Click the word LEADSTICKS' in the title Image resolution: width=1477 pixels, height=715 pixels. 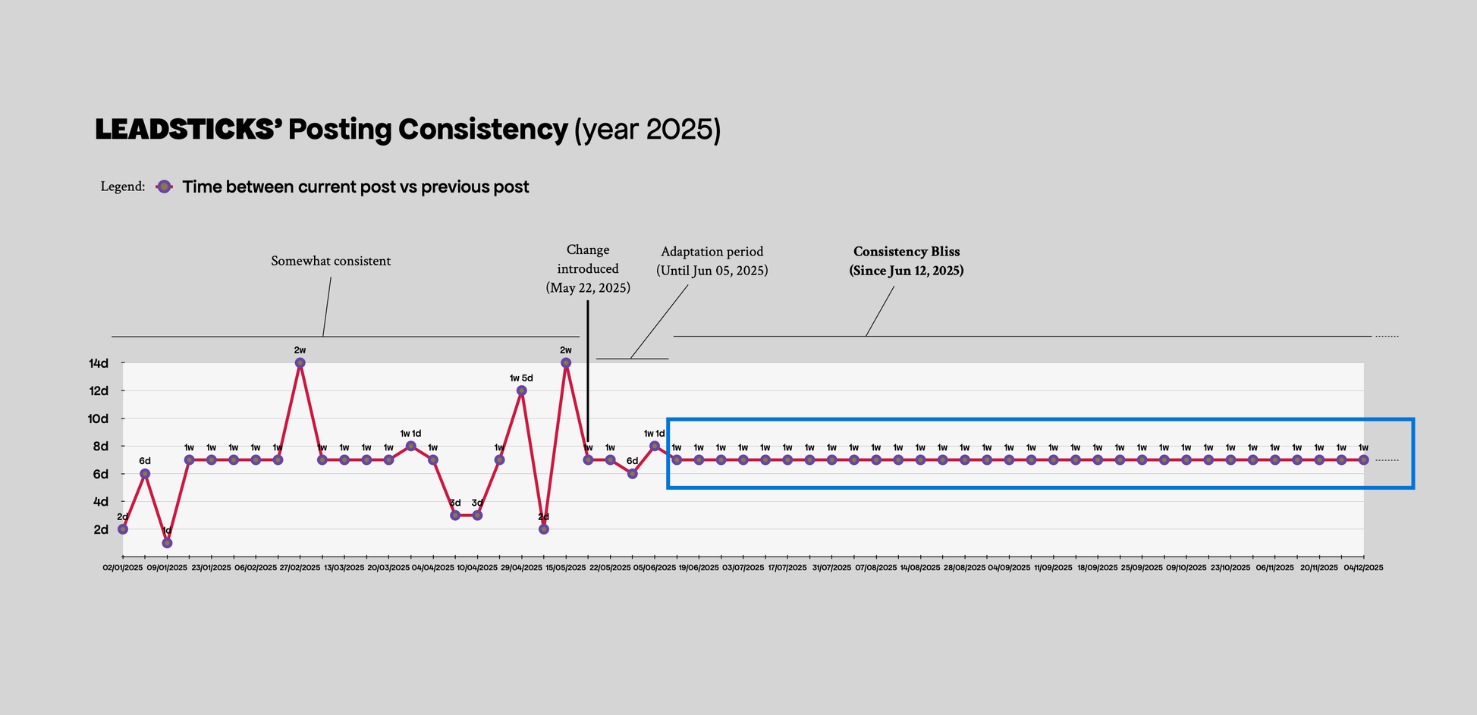point(189,130)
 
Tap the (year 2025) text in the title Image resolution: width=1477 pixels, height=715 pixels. point(647,130)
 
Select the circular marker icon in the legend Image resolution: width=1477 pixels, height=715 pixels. point(164,187)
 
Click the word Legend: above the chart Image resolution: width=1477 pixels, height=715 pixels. point(122,187)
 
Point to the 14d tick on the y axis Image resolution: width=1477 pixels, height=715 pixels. point(99,363)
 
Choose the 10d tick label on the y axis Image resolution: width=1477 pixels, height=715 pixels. point(99,419)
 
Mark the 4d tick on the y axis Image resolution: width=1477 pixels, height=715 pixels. point(100,502)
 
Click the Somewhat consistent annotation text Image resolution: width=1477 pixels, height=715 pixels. point(331,261)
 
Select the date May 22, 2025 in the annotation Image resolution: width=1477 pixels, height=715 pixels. point(588,288)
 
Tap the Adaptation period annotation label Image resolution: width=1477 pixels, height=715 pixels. point(712,252)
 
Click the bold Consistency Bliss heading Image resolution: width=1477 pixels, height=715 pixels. point(907,252)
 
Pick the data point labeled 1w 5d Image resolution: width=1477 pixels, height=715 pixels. point(521,390)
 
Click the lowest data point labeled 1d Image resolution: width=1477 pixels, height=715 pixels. point(167,543)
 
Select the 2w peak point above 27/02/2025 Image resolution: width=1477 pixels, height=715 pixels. point(300,363)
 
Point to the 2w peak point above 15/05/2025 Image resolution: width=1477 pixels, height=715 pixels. point(566,363)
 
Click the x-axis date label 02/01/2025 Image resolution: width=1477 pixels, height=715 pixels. point(123,567)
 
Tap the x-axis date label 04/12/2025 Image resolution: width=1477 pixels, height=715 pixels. point(1363,567)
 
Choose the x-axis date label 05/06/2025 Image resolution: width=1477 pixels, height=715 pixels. point(655,567)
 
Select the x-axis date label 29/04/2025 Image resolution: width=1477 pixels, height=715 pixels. point(521,567)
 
